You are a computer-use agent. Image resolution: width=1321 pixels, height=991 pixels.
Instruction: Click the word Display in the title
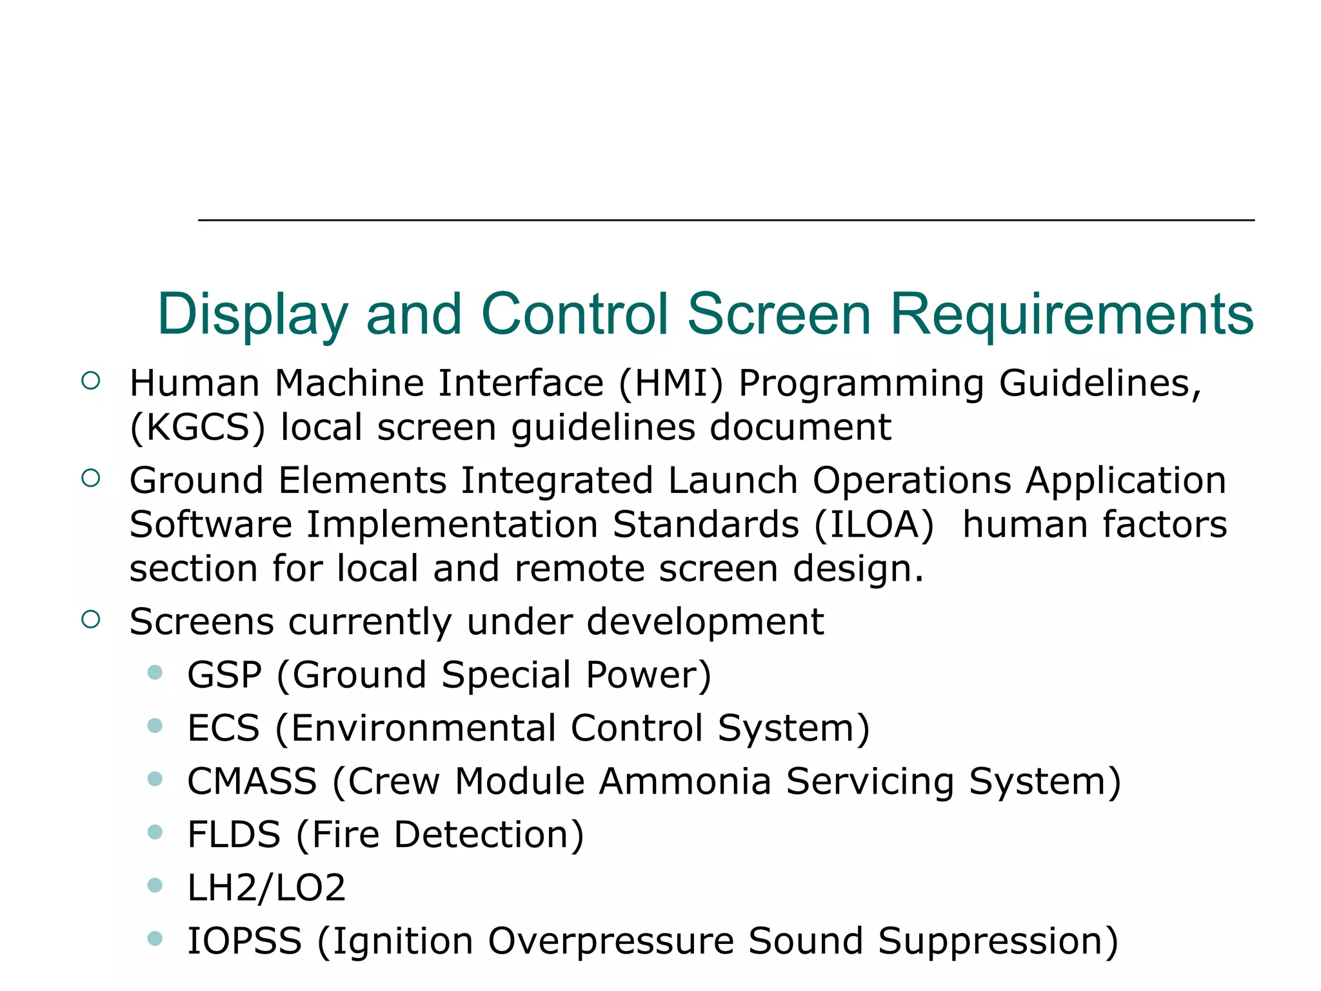[252, 315]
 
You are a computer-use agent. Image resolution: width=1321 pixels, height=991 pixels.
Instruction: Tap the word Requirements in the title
[1071, 315]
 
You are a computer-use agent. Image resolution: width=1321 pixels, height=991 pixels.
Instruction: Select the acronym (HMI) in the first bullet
[671, 383]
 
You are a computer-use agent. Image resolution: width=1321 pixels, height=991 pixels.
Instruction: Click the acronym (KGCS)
[197, 428]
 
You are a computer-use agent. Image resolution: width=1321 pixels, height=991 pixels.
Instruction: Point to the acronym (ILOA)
[873, 525]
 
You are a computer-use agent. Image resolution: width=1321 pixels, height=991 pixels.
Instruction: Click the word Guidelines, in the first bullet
[1100, 383]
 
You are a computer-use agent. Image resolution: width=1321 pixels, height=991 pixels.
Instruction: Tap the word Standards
[706, 525]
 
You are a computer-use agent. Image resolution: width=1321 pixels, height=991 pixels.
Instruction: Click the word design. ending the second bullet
[858, 568]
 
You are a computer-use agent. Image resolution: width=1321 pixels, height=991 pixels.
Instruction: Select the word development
[705, 622]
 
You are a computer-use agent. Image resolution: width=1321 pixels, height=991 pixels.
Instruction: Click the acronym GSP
[224, 675]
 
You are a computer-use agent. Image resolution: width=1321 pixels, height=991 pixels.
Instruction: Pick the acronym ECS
[223, 728]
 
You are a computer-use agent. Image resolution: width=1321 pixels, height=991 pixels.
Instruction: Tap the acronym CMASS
[252, 781]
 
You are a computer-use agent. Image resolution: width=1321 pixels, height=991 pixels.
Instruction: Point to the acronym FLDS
[233, 835]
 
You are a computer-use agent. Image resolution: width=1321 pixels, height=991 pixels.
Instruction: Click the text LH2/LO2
[266, 888]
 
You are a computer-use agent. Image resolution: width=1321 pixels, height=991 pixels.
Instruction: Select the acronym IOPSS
[244, 941]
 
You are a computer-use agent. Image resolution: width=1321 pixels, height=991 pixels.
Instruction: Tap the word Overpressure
[611, 941]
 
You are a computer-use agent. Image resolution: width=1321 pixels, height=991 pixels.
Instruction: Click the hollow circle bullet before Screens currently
[91, 620]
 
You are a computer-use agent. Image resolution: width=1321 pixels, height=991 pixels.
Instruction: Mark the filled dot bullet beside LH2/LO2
[155, 885]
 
